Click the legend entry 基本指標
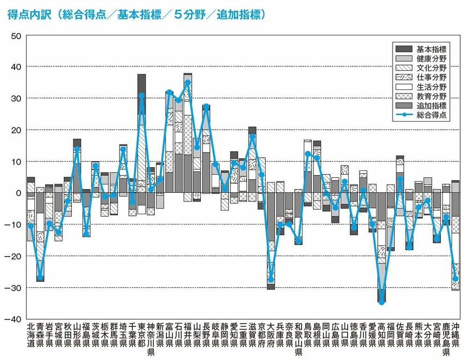(432, 49)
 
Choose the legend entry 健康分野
(432, 58)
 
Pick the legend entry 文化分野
(432, 68)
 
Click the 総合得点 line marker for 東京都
(141, 95)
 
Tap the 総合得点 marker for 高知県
(381, 302)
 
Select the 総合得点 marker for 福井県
(187, 82)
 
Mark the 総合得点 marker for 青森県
(40, 277)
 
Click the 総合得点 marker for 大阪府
(271, 279)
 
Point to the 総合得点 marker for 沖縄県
(455, 279)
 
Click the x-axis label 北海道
(31, 335)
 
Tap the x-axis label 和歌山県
(298, 339)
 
